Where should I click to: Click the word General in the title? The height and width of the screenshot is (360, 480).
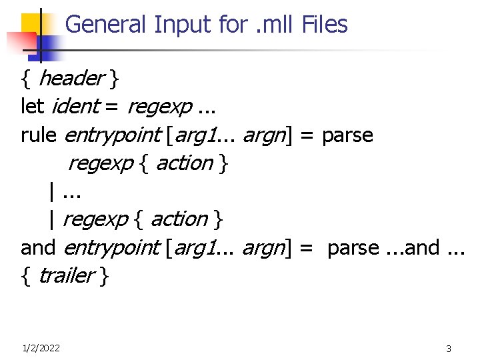click(x=106, y=25)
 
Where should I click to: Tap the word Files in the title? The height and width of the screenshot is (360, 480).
click(x=325, y=25)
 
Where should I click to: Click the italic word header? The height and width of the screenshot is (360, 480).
click(x=71, y=79)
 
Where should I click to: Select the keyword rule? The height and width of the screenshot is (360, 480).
click(x=39, y=135)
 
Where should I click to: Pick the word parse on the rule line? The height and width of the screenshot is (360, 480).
click(x=347, y=135)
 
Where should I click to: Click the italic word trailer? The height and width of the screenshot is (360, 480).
click(x=66, y=276)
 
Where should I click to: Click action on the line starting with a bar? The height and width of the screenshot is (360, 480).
click(x=179, y=219)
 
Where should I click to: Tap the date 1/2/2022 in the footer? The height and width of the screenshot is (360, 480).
click(x=41, y=348)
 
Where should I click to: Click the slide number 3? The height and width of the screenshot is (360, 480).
click(x=449, y=349)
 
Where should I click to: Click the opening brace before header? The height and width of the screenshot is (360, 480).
click(x=27, y=79)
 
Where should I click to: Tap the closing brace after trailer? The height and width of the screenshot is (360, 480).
click(x=103, y=276)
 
